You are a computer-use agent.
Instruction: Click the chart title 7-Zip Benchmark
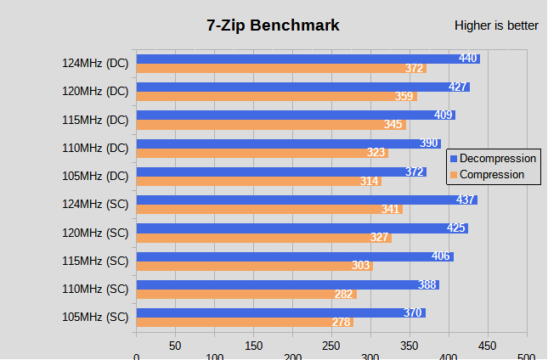273,25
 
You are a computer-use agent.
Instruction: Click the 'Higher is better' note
496,25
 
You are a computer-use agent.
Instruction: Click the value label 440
468,59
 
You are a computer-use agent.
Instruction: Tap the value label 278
342,323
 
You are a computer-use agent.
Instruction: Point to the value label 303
361,266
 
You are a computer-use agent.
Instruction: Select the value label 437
466,200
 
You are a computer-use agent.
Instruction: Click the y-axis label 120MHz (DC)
95,91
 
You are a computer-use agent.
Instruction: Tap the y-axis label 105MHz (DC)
95,176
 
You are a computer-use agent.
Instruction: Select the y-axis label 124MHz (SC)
95,204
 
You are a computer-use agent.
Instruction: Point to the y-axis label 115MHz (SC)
95,261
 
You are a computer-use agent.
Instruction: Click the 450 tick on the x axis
487,346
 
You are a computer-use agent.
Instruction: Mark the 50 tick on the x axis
175,346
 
